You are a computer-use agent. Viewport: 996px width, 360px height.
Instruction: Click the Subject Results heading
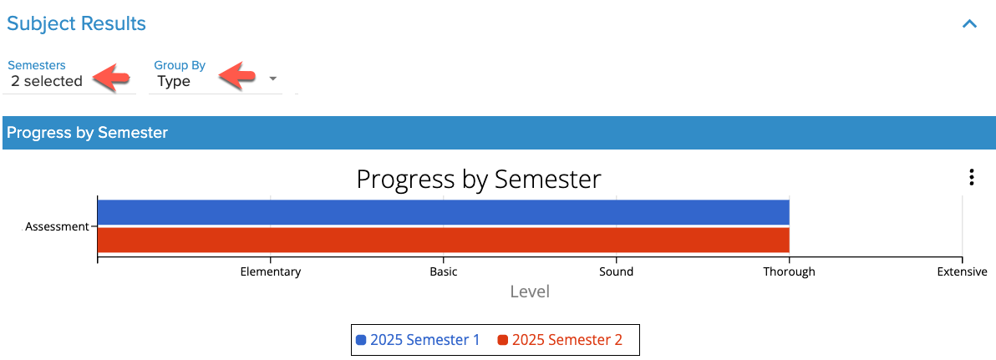pyautogui.click(x=76, y=24)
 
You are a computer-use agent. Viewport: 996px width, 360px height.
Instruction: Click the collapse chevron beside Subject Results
pyautogui.click(x=969, y=24)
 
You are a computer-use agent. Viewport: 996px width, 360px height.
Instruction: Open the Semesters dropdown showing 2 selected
pyautogui.click(x=46, y=81)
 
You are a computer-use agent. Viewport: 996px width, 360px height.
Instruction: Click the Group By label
pyautogui.click(x=180, y=65)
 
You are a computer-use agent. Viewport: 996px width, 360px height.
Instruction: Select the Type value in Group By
pyautogui.click(x=174, y=82)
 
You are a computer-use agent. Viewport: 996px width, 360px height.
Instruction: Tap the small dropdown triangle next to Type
pyautogui.click(x=272, y=79)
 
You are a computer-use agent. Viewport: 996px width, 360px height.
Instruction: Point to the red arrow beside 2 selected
pyautogui.click(x=111, y=76)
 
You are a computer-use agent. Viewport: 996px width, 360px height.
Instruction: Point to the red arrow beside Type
pyautogui.click(x=237, y=75)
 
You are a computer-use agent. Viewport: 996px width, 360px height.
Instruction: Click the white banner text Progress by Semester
pyautogui.click(x=87, y=133)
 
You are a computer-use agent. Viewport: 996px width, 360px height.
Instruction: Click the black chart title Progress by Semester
pyautogui.click(x=478, y=179)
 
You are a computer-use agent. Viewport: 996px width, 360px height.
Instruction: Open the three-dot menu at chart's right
pyautogui.click(x=971, y=177)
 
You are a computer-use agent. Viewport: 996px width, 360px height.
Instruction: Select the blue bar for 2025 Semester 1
pyautogui.click(x=443, y=212)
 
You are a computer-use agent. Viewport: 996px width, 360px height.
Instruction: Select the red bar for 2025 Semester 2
pyautogui.click(x=443, y=240)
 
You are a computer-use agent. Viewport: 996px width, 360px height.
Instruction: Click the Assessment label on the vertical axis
pyautogui.click(x=57, y=226)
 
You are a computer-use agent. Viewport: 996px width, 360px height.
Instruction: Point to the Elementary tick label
pyautogui.click(x=271, y=271)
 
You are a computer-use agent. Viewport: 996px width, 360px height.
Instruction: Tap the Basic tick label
pyautogui.click(x=444, y=271)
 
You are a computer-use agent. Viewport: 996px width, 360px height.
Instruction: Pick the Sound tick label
pyautogui.click(x=616, y=271)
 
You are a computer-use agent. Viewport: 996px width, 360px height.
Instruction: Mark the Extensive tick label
pyautogui.click(x=963, y=271)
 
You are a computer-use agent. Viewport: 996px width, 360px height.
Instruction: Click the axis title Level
pyautogui.click(x=530, y=292)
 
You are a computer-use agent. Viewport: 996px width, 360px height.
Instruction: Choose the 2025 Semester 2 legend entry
pyautogui.click(x=560, y=340)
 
